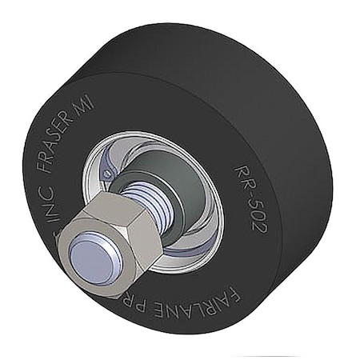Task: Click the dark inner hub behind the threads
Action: tap(168, 172)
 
